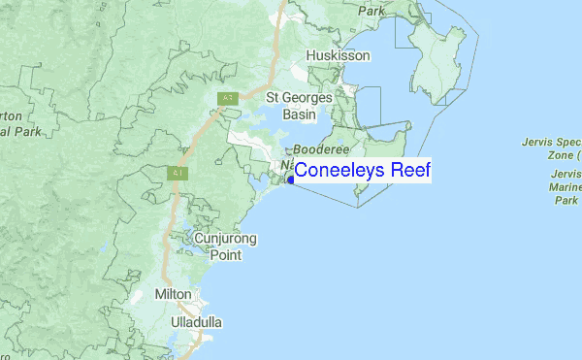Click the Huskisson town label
coord(338,56)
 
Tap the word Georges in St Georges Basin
coord(309,98)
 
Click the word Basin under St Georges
coord(299,115)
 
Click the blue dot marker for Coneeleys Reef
coord(290,178)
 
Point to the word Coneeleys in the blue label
coord(337,171)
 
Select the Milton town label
coord(174,294)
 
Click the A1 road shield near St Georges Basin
coord(227,98)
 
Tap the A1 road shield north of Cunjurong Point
coord(177,173)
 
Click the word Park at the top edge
coord(371,11)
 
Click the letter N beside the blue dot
coord(288,166)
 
